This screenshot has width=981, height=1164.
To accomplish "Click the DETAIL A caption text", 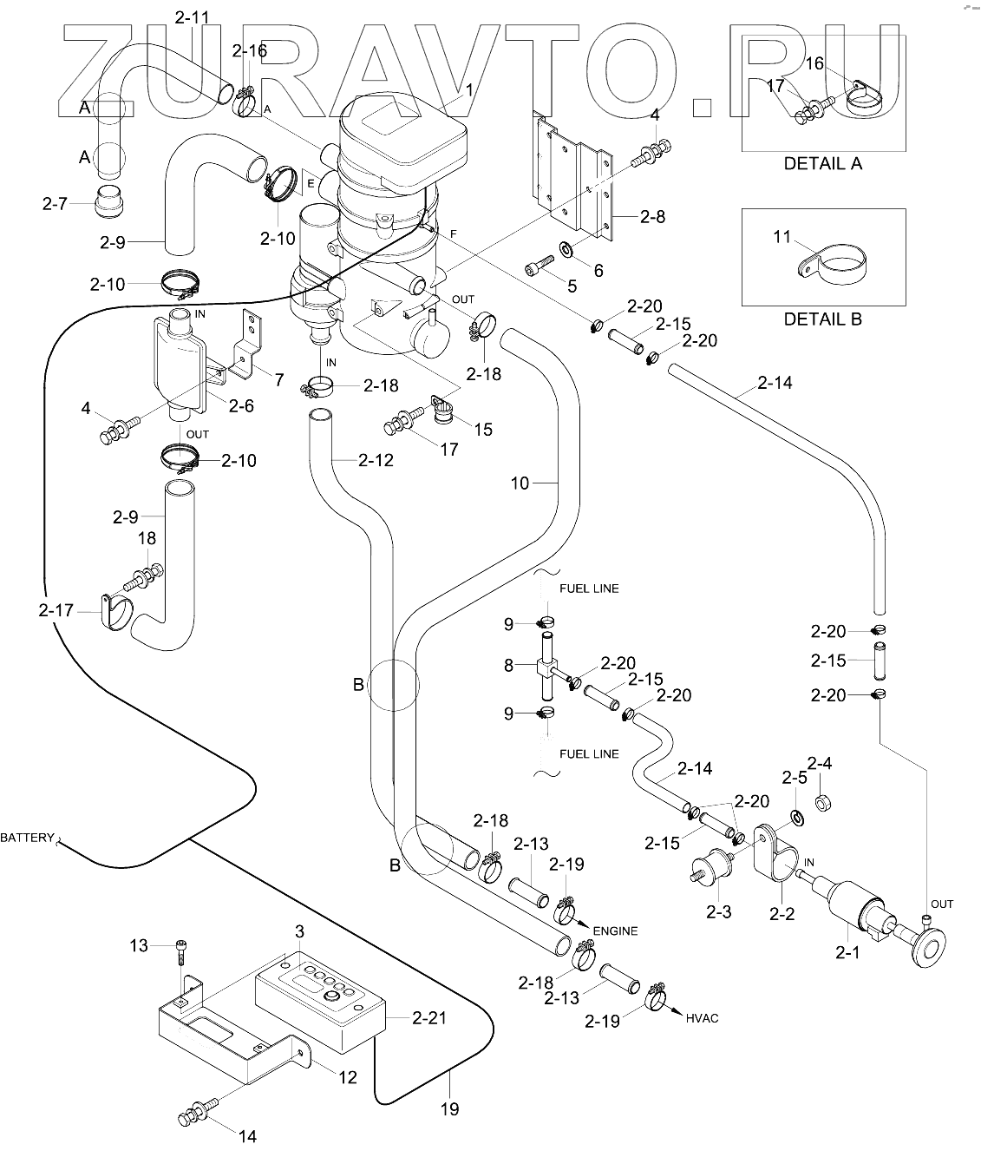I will tap(822, 163).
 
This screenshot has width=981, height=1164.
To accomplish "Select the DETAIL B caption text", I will tap(822, 319).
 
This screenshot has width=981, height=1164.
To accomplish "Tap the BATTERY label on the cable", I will tap(26, 838).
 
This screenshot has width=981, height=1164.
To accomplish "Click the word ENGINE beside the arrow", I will tap(615, 931).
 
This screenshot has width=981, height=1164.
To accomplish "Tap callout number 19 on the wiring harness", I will tap(449, 1108).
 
